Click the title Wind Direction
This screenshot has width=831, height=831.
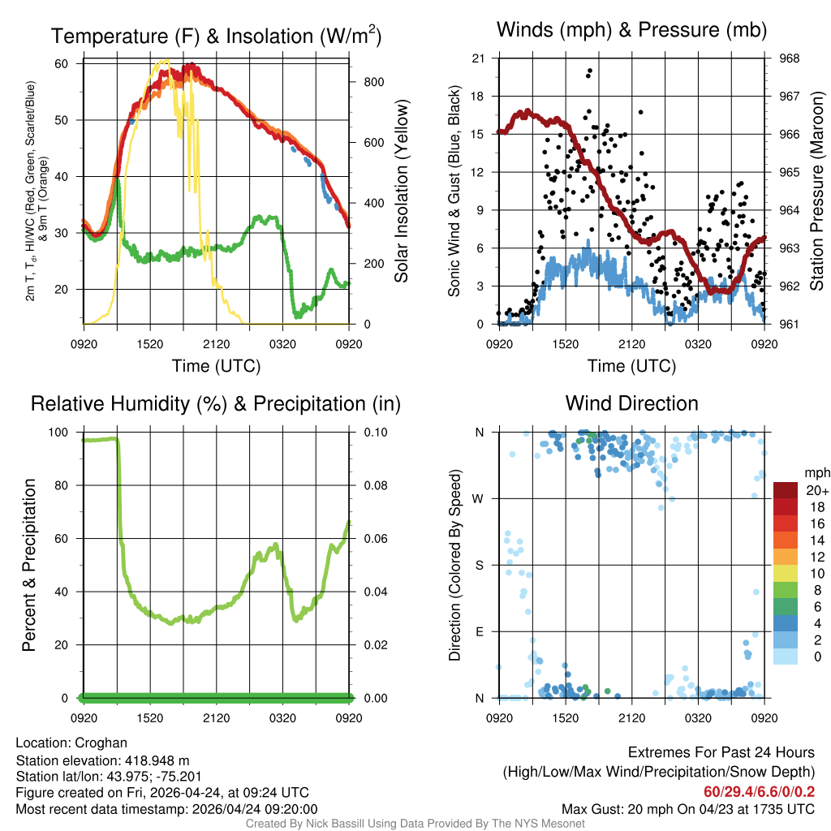[631, 403]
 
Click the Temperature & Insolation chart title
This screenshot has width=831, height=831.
[216, 36]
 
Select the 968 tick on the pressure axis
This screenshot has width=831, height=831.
[789, 58]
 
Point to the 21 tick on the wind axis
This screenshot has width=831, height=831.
[479, 58]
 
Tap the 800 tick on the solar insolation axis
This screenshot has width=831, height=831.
[364, 82]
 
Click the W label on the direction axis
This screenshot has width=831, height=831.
[480, 498]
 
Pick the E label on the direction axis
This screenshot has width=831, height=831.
[480, 631]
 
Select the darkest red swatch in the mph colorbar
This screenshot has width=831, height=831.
[786, 490]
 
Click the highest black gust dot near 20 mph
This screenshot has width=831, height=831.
[590, 71]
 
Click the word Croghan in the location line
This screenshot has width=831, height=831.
[101, 743]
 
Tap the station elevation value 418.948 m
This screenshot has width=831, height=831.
[157, 760]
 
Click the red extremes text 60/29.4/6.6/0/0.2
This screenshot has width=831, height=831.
[760, 791]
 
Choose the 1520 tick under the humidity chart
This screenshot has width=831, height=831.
[149, 717]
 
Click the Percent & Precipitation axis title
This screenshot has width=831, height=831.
[29, 565]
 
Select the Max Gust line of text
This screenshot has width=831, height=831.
[689, 809]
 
